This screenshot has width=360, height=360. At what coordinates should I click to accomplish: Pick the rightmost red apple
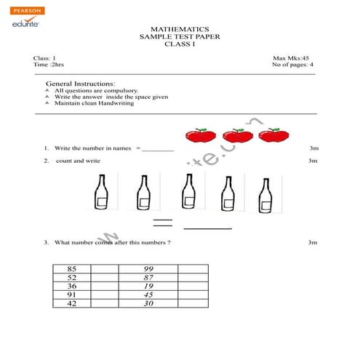click(270, 135)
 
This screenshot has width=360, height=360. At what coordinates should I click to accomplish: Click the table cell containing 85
click(71, 269)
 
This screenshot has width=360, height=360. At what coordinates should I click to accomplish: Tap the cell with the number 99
click(149, 269)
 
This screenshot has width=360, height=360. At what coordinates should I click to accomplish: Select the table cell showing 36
click(71, 287)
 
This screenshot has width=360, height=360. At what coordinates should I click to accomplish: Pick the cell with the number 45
click(149, 295)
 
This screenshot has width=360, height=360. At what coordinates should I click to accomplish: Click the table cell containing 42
click(71, 304)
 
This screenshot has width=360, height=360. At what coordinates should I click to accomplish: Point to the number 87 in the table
click(149, 278)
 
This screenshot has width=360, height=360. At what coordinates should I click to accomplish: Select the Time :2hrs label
click(49, 65)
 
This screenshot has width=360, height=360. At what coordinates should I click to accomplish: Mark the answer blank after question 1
click(158, 149)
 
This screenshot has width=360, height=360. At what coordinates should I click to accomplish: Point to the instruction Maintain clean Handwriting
click(95, 103)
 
